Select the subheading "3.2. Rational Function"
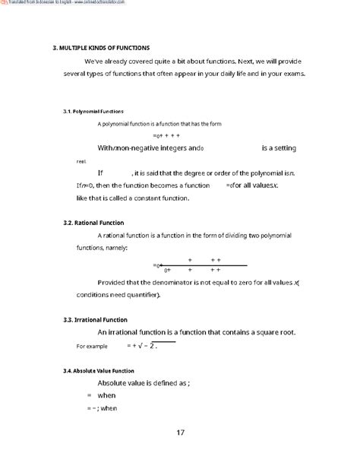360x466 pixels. pyautogui.click(x=89, y=223)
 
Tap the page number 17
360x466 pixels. pyautogui.click(x=180, y=433)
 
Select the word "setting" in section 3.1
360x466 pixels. pyautogui.click(x=278, y=147)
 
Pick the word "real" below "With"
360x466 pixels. pyautogui.click(x=82, y=161)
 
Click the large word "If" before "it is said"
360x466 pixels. pyautogui.click(x=99, y=173)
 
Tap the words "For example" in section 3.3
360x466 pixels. pyautogui.click(x=93, y=346)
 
